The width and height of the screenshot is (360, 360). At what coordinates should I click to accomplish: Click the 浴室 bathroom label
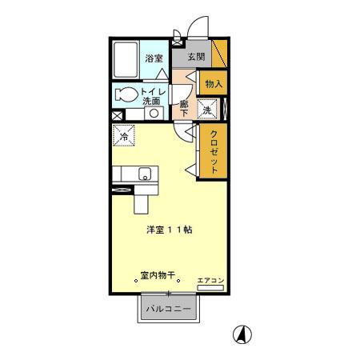pos(154,58)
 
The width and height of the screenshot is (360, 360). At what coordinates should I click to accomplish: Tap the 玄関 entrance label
pos(196,58)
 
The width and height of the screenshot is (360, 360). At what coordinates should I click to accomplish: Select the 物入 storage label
pos(213,83)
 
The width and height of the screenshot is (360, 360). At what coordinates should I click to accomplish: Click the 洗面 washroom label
pos(151,102)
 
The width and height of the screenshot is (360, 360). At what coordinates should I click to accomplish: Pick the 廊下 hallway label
pos(185,107)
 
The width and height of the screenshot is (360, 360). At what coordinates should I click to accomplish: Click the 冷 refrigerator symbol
pos(126,136)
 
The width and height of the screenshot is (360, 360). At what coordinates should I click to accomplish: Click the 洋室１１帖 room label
pos(168,229)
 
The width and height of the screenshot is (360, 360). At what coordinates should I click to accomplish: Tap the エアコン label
pos(211,280)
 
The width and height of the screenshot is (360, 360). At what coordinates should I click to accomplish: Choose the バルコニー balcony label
pos(167,307)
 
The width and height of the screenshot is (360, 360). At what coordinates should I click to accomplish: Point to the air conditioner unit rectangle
pos(210,289)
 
